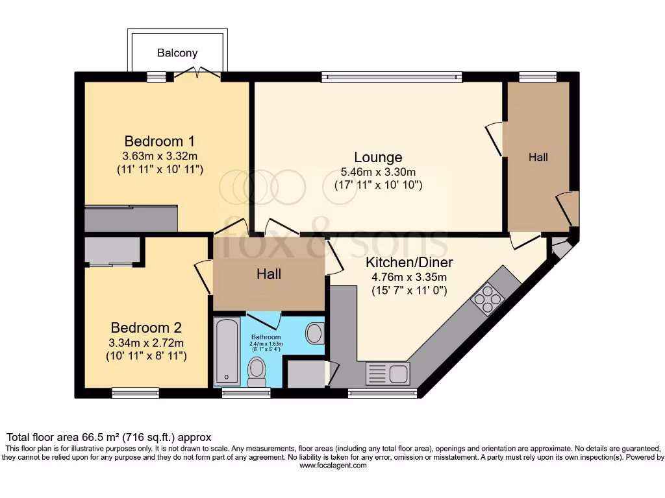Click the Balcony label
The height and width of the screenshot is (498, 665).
(177, 53)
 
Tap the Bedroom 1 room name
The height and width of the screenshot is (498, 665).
(159, 141)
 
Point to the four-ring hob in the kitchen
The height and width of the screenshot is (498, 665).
(488, 298)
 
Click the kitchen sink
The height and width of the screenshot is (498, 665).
(388, 372)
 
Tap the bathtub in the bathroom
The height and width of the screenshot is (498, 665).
(227, 351)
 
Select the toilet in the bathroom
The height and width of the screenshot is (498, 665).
(257, 372)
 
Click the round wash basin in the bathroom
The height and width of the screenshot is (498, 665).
(315, 333)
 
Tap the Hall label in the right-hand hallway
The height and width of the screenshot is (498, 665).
(538, 157)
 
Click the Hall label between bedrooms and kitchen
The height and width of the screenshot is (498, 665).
(268, 274)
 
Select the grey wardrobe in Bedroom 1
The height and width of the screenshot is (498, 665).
(131, 219)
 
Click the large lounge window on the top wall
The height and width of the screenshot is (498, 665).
(392, 77)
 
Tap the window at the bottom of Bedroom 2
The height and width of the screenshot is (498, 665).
(135, 392)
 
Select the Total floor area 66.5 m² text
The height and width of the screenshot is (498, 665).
(108, 438)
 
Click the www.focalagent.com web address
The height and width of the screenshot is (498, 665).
(332, 466)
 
